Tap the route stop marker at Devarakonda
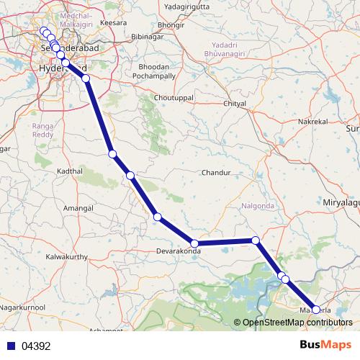point(194,243)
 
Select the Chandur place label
point(215,174)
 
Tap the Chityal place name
point(235,104)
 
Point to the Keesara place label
point(114,23)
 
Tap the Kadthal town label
point(70,171)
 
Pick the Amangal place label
point(79,207)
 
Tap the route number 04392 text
point(36,346)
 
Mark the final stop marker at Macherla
point(316,310)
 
